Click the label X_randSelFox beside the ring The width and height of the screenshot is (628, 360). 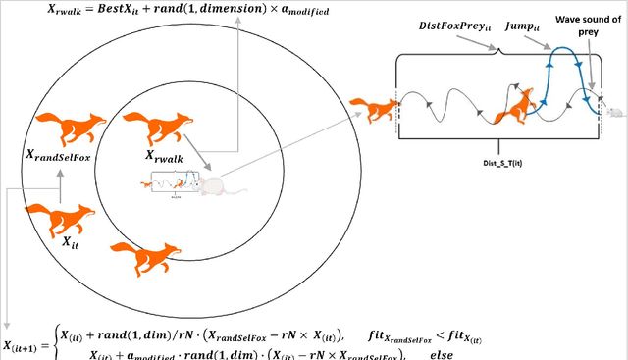point(64,153)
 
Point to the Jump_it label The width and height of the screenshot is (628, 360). point(523,27)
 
